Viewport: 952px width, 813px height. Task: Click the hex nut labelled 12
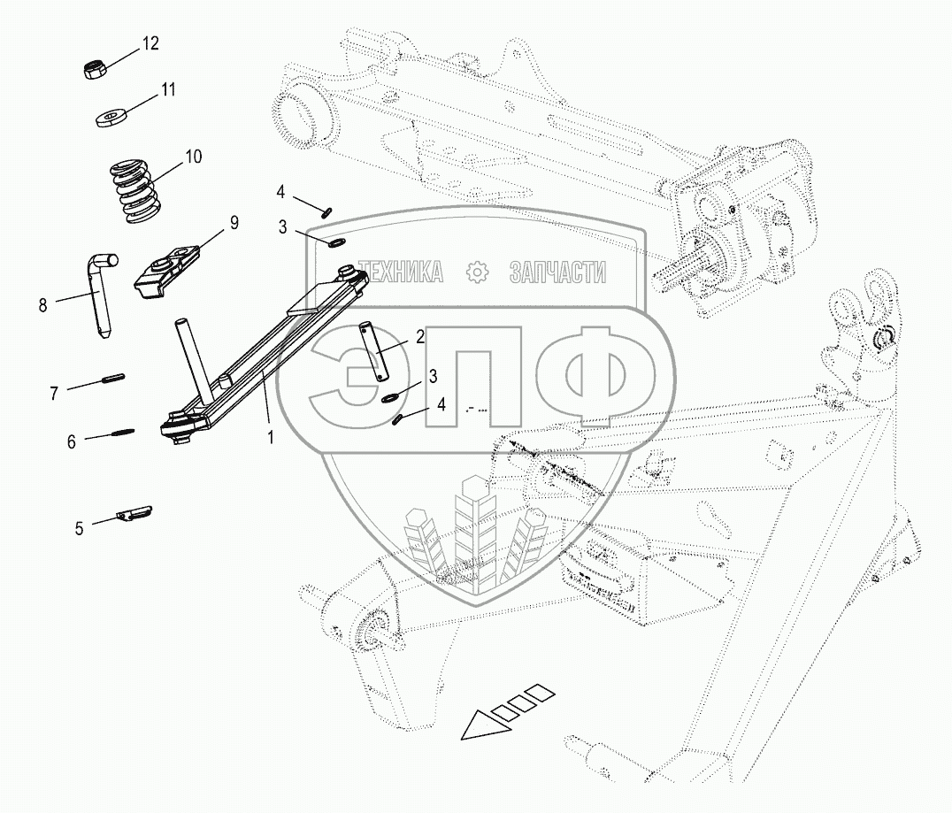(x=95, y=70)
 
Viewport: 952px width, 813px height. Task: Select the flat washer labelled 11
(x=111, y=117)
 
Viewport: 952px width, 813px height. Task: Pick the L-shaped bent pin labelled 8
(x=102, y=292)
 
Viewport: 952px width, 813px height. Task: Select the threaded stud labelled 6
(x=122, y=433)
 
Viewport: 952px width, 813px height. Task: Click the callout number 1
(x=271, y=436)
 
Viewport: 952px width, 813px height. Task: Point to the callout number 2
(x=419, y=335)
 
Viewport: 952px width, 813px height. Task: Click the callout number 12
(x=150, y=43)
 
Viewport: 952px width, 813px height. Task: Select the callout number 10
(x=193, y=157)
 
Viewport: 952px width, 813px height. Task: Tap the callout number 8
(x=42, y=306)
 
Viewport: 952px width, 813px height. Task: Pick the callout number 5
(x=79, y=528)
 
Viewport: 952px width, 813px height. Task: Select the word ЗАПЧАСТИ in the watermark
(x=557, y=272)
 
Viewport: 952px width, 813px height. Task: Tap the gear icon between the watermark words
(x=477, y=272)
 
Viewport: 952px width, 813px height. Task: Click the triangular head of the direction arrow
(x=478, y=726)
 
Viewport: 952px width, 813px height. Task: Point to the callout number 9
(x=234, y=223)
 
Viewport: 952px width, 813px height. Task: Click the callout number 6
(x=72, y=440)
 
